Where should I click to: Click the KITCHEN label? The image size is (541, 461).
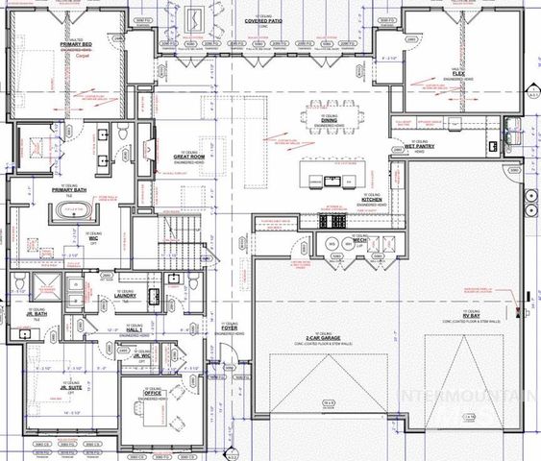click(372, 201)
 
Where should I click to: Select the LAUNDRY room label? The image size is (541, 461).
click(125, 296)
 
